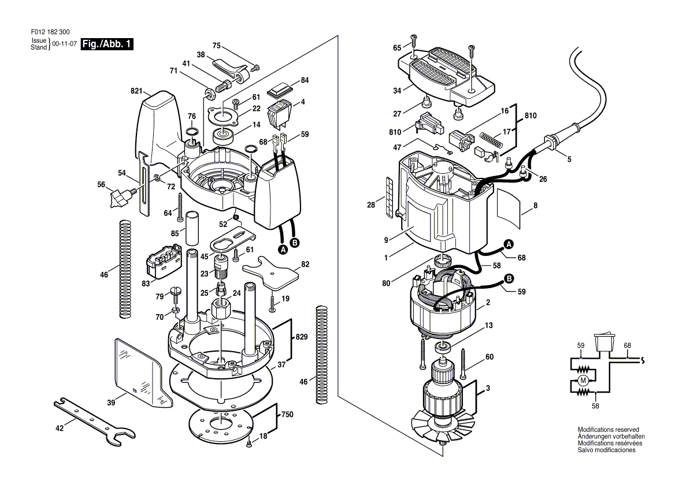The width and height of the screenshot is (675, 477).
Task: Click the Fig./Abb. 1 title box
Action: pyautogui.click(x=107, y=44)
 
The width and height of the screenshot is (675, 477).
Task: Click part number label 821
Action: pyautogui.click(x=136, y=91)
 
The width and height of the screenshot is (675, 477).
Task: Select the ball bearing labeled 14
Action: pyautogui.click(x=222, y=137)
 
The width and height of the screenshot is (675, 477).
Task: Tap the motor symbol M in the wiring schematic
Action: pyautogui.click(x=583, y=379)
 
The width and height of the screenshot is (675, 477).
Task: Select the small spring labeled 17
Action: pyautogui.click(x=491, y=139)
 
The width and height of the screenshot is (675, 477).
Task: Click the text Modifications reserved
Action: pyautogui.click(x=608, y=430)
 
